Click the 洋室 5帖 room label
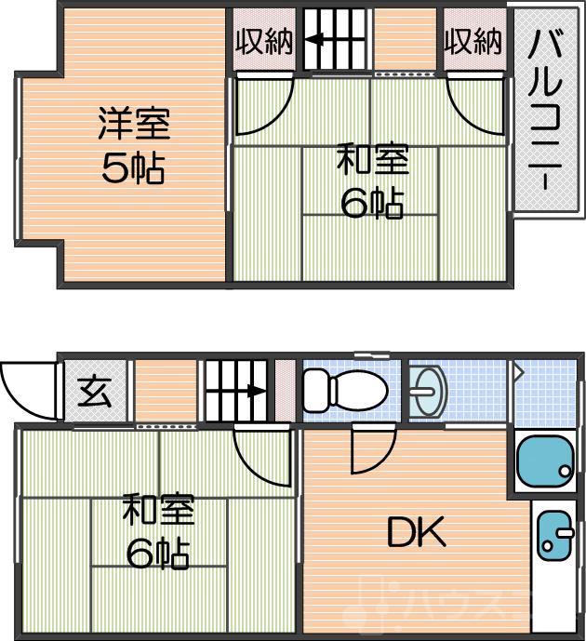point(133,146)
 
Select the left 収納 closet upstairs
point(263,41)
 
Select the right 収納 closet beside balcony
point(473,41)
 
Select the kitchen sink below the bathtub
point(555,538)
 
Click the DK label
point(416,533)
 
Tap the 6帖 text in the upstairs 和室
point(372,202)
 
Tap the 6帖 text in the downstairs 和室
point(158,554)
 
